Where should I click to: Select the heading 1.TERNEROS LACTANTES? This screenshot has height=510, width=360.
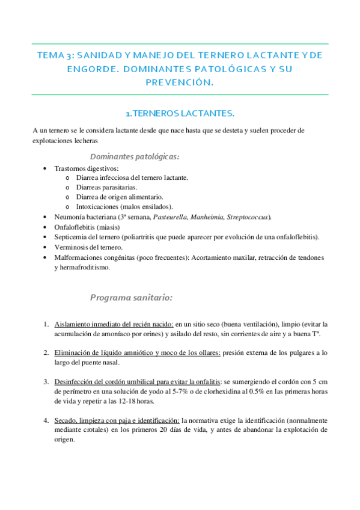point(180,112)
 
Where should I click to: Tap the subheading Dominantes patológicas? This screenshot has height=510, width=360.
point(134,156)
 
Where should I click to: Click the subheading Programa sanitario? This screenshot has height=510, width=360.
point(132,297)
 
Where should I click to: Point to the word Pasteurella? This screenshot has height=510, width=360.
point(171,217)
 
